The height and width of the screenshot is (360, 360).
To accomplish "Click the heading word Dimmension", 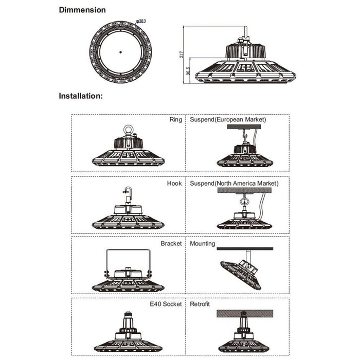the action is [x=82, y=10].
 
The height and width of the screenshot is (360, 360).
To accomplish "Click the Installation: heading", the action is [x=81, y=96].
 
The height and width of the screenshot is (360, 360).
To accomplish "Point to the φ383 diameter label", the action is [x=141, y=21].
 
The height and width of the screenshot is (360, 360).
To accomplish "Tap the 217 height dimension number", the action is [x=182, y=55].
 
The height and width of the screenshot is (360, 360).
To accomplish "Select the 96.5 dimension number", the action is [x=188, y=71].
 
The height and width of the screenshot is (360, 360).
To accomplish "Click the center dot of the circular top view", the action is [x=120, y=52].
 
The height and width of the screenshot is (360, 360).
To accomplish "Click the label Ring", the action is [x=176, y=120].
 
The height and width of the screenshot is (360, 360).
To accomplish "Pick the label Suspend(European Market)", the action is [x=228, y=120].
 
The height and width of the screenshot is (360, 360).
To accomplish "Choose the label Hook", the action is [x=174, y=184].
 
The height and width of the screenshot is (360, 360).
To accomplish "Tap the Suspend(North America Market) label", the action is [x=234, y=184].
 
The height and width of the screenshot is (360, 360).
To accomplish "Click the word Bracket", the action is [x=171, y=244].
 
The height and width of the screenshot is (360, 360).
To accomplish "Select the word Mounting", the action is [x=203, y=244].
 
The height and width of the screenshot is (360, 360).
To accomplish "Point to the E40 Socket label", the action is [x=166, y=304].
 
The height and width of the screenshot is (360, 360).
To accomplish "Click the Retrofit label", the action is [x=200, y=304].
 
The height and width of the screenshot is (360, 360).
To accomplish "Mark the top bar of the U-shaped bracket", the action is [x=129, y=250].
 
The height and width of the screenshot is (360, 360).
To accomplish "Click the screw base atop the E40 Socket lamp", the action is [x=129, y=314].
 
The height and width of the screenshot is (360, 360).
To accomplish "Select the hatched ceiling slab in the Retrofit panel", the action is [x=245, y=314].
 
